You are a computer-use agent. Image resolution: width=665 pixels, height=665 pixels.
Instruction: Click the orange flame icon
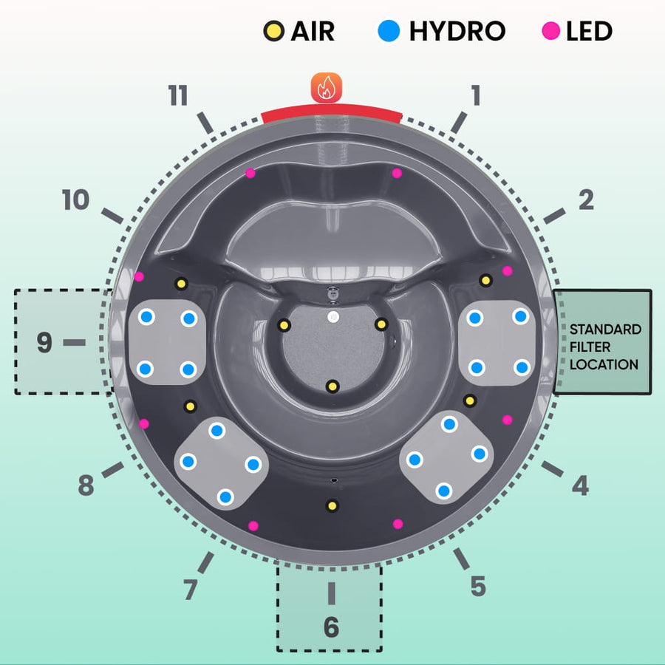pyautogui.click(x=326, y=87)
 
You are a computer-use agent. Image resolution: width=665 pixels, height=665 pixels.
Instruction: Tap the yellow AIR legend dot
pyautogui.click(x=274, y=32)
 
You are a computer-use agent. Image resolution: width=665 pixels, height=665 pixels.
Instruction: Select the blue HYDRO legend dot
pyautogui.click(x=389, y=32)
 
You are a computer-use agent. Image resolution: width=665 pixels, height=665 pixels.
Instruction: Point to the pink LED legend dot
pyautogui.click(x=550, y=32)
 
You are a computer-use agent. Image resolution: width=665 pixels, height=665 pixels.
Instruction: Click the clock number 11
pyautogui.click(x=178, y=96)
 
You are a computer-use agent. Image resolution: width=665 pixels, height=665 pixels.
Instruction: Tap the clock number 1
pyautogui.click(x=476, y=95)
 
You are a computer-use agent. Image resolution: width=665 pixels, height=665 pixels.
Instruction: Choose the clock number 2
pyautogui.click(x=586, y=199)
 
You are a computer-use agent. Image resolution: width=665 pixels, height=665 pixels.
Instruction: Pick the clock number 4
pyautogui.click(x=581, y=486)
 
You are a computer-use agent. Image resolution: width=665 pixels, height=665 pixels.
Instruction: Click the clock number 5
pyautogui.click(x=478, y=586)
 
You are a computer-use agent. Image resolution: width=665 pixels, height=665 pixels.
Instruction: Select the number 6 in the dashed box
pyautogui.click(x=331, y=627)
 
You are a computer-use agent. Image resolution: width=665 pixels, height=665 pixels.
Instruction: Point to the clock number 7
pyautogui.click(x=191, y=590)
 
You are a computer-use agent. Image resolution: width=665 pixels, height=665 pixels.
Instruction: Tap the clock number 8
pyautogui.click(x=86, y=486)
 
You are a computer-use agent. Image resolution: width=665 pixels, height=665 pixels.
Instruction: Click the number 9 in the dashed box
pyautogui.click(x=44, y=343)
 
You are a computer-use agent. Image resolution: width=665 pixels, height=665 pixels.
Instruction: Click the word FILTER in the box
pyautogui.click(x=589, y=347)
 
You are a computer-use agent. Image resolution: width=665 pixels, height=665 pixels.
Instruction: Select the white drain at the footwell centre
pyautogui.click(x=332, y=316)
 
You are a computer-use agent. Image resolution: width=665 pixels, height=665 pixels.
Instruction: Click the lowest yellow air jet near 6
pyautogui.click(x=332, y=506)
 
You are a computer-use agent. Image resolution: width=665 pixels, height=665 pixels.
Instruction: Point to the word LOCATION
pyautogui.click(x=604, y=364)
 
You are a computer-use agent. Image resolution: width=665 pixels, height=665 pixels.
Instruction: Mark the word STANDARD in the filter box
pyautogui.click(x=605, y=330)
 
